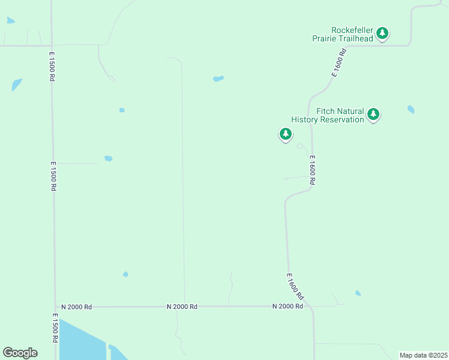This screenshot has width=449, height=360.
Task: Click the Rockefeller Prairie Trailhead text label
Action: tap(343, 34)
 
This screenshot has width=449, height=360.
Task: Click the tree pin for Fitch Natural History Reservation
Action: tap(373, 114)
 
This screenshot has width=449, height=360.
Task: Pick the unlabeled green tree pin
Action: tap(286, 134)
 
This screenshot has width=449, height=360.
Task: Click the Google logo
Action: tap(20, 353)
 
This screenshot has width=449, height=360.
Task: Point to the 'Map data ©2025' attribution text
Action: tap(423, 355)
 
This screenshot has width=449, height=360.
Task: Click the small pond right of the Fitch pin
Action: tap(411, 109)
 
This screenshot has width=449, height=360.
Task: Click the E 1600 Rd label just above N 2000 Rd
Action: tap(295, 287)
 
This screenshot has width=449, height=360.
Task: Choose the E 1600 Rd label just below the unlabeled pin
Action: tap(312, 170)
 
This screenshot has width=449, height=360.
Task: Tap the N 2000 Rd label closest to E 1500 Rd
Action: tap(80, 307)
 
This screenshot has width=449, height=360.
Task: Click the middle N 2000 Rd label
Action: tap(182, 307)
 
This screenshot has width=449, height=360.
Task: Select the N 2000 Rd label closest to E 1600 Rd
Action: tap(287, 306)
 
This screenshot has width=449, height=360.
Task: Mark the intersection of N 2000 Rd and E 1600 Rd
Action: tap(312, 307)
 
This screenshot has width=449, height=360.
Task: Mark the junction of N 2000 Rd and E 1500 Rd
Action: tap(55, 307)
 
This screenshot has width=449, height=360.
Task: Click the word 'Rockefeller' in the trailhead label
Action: tap(352, 30)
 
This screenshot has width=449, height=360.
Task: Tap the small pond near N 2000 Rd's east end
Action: tap(358, 293)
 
